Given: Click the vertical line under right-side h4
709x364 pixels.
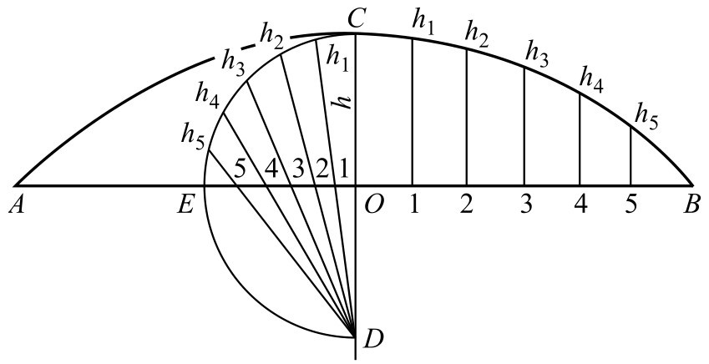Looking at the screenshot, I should (580, 138).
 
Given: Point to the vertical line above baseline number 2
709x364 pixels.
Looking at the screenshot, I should (467, 117).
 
